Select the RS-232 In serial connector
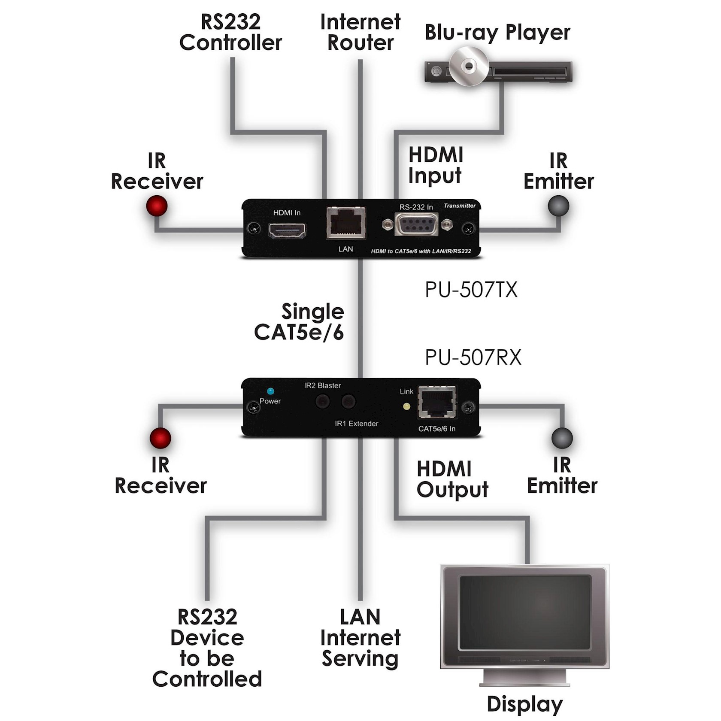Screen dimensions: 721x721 (x=416, y=224)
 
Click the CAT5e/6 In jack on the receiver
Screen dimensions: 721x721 (x=437, y=402)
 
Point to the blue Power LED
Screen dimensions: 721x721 (x=270, y=391)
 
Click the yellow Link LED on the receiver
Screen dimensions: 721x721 (x=407, y=406)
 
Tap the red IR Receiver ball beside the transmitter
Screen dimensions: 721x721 (x=157, y=206)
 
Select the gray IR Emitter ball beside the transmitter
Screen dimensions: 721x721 (x=558, y=206)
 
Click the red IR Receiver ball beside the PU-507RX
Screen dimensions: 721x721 (x=160, y=438)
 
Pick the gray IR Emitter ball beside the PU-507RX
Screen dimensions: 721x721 (x=562, y=438)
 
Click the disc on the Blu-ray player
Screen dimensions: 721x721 (x=469, y=66)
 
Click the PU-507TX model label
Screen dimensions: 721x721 (x=471, y=290)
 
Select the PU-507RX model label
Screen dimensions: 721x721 (x=473, y=357)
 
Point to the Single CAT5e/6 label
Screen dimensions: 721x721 (x=300, y=322)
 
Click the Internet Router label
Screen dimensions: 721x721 (x=360, y=32)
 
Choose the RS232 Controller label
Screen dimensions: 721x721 (x=230, y=32)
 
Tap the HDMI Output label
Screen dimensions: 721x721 (x=452, y=479)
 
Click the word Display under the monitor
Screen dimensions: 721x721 (x=524, y=704)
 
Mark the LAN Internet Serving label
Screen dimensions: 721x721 (x=360, y=638)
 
